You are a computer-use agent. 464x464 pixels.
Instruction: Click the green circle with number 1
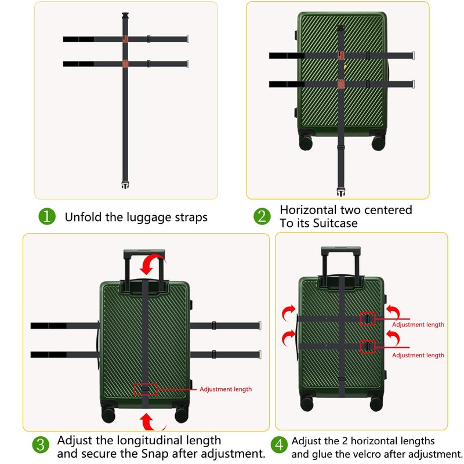(47, 217)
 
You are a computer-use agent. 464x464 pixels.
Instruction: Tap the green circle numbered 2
(262, 217)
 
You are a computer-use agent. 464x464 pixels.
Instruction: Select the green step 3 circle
(40, 445)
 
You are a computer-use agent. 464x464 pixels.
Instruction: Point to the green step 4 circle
(280, 445)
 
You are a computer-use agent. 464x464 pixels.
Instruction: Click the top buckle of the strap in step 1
(125, 16)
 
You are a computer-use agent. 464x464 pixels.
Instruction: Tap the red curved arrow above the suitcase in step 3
(153, 264)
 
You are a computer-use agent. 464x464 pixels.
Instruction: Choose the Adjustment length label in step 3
(226, 389)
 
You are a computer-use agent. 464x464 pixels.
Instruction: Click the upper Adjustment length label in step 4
(418, 325)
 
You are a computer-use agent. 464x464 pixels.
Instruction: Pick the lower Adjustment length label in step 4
(418, 355)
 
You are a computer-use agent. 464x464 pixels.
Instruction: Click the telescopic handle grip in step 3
(144, 253)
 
